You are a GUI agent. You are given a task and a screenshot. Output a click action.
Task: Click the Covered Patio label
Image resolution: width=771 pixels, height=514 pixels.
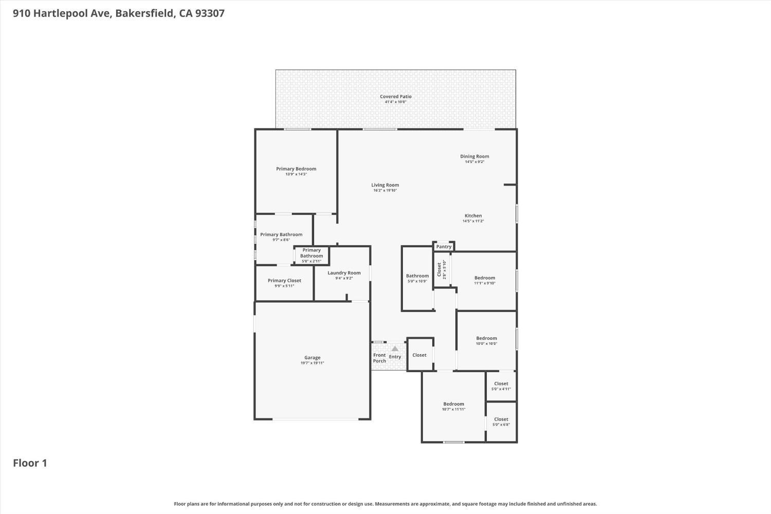click(x=395, y=97)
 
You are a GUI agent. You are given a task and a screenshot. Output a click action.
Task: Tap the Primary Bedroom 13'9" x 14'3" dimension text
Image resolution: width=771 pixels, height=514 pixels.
click(x=296, y=174)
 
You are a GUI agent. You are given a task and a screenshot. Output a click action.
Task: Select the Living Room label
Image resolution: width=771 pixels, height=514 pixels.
click(x=385, y=185)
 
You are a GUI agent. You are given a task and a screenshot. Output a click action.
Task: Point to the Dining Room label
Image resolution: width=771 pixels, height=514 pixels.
click(x=474, y=156)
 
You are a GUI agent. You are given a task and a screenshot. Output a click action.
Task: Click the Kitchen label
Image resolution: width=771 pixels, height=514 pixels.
click(x=473, y=215)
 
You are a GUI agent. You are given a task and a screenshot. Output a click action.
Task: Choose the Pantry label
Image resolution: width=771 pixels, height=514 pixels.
click(x=444, y=247)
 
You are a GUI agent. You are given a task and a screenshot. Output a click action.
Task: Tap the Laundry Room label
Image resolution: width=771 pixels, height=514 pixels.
click(x=344, y=272)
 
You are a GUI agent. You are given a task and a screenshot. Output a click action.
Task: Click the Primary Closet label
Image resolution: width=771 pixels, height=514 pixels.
click(x=284, y=281)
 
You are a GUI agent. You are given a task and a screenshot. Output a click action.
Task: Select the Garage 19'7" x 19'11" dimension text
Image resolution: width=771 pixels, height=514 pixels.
click(x=312, y=363)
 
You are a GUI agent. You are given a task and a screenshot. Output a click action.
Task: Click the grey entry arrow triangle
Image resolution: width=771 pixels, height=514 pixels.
click(x=395, y=348)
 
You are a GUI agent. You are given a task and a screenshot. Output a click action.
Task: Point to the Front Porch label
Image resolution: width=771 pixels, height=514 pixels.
click(x=379, y=358)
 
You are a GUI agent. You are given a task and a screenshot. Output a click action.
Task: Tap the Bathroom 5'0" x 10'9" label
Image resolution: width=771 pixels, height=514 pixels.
click(x=417, y=278)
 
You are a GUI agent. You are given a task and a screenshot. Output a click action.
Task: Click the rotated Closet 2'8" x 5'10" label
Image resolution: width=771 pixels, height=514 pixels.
click(x=441, y=269)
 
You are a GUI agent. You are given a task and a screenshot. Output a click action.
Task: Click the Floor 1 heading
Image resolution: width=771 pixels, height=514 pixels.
click(x=30, y=463)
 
